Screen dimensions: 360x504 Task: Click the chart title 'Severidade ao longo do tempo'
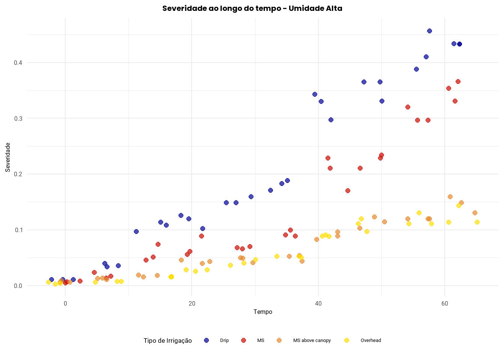[x=252, y=8]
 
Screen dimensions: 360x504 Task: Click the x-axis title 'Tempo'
[x=262, y=312]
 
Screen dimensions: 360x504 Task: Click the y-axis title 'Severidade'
[x=8, y=157]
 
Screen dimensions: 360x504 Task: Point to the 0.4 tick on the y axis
[x=18, y=63]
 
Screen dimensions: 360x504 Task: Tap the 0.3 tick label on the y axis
[x=18, y=118]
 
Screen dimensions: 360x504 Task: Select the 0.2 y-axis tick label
[x=18, y=174]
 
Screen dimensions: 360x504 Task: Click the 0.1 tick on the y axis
[x=18, y=230]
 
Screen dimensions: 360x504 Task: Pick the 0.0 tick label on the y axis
[x=18, y=286]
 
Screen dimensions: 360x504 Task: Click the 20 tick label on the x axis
[x=192, y=303]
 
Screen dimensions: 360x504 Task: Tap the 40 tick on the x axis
[x=318, y=303]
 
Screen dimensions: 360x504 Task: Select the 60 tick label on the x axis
[x=445, y=303]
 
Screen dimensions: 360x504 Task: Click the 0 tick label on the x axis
[x=66, y=303]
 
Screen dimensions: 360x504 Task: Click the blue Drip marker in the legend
[x=206, y=340]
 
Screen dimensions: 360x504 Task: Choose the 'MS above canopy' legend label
[x=312, y=340]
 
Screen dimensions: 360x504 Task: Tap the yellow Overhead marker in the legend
[x=346, y=340]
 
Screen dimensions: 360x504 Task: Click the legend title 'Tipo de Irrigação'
[x=168, y=340]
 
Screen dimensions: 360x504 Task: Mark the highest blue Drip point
[x=429, y=31]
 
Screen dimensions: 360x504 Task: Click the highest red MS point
[x=458, y=82]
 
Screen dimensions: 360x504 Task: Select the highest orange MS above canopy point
[x=450, y=197]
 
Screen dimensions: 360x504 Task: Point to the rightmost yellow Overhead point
[x=477, y=222]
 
